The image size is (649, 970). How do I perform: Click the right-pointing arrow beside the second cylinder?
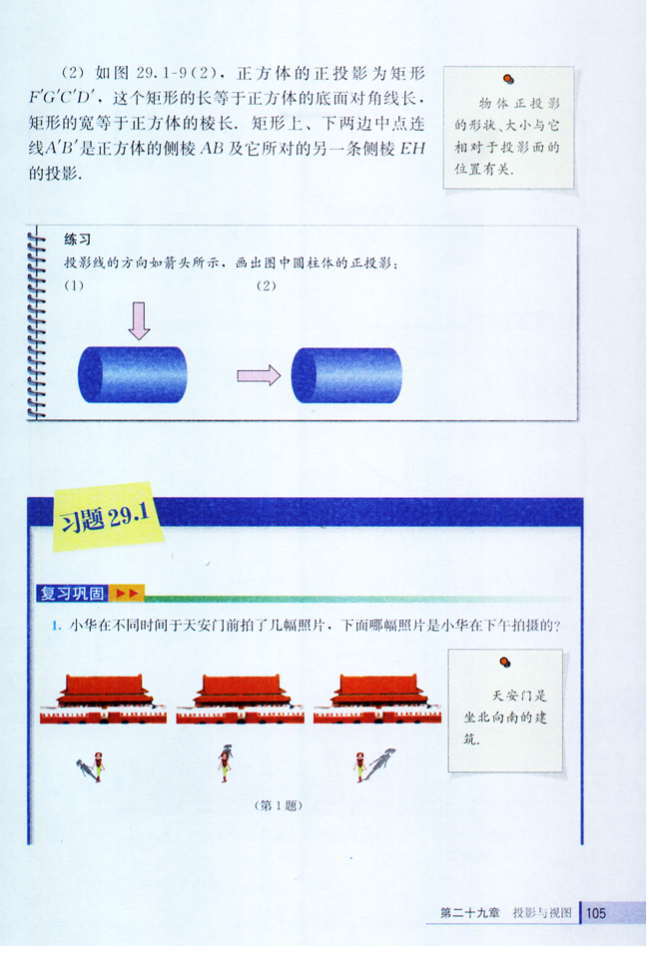[259, 375]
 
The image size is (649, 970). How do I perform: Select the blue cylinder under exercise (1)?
[132, 374]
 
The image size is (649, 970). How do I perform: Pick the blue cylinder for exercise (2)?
[346, 375]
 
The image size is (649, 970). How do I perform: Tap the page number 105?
[596, 913]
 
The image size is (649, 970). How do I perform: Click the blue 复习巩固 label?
[72, 594]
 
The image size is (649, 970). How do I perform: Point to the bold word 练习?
[78, 241]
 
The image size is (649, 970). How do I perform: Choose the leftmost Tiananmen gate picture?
[104, 698]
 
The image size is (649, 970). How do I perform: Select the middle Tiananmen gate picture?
[241, 698]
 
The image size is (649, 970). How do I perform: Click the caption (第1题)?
[279, 804]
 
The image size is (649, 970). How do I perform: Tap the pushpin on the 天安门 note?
[505, 661]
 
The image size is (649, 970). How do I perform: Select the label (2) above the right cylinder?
[266, 286]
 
